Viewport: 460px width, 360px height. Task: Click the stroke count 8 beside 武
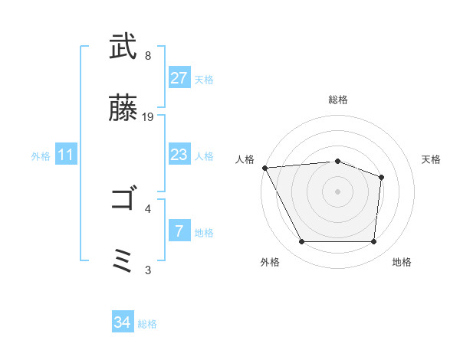(148, 56)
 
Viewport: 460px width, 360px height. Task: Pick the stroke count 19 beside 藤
(148, 117)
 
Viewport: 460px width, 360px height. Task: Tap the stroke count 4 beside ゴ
(148, 208)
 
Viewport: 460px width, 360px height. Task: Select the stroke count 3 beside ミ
(148, 269)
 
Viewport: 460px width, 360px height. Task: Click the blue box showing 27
(179, 78)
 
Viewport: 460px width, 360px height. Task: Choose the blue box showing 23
(179, 155)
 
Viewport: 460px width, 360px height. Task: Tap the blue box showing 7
(179, 231)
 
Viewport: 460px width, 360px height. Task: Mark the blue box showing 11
(67, 155)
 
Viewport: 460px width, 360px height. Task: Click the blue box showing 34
(123, 322)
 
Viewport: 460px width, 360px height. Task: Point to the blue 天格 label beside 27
(204, 80)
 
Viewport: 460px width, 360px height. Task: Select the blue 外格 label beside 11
(41, 156)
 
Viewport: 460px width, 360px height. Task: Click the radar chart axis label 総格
(337, 100)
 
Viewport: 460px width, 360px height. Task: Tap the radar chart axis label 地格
(402, 262)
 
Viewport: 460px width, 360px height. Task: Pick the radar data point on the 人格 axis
(264, 168)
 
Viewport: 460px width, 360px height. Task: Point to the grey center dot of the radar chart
(337, 191)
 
